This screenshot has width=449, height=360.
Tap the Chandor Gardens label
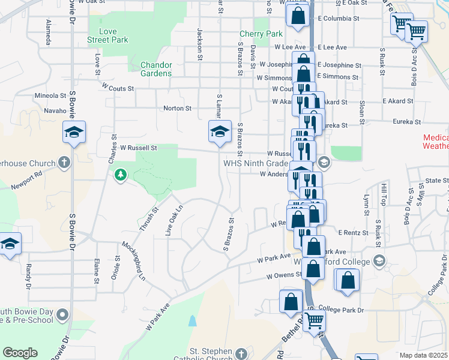[x=155, y=69]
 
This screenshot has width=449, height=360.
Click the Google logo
[x=20, y=353]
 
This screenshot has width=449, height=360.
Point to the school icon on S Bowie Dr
[x=74, y=133]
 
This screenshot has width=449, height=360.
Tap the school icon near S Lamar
[x=220, y=131]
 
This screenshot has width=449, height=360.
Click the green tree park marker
[x=121, y=175]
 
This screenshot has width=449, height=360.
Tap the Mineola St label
[x=50, y=95]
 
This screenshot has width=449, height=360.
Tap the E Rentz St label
[x=352, y=232]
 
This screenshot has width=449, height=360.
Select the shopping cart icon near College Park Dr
[x=314, y=322]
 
